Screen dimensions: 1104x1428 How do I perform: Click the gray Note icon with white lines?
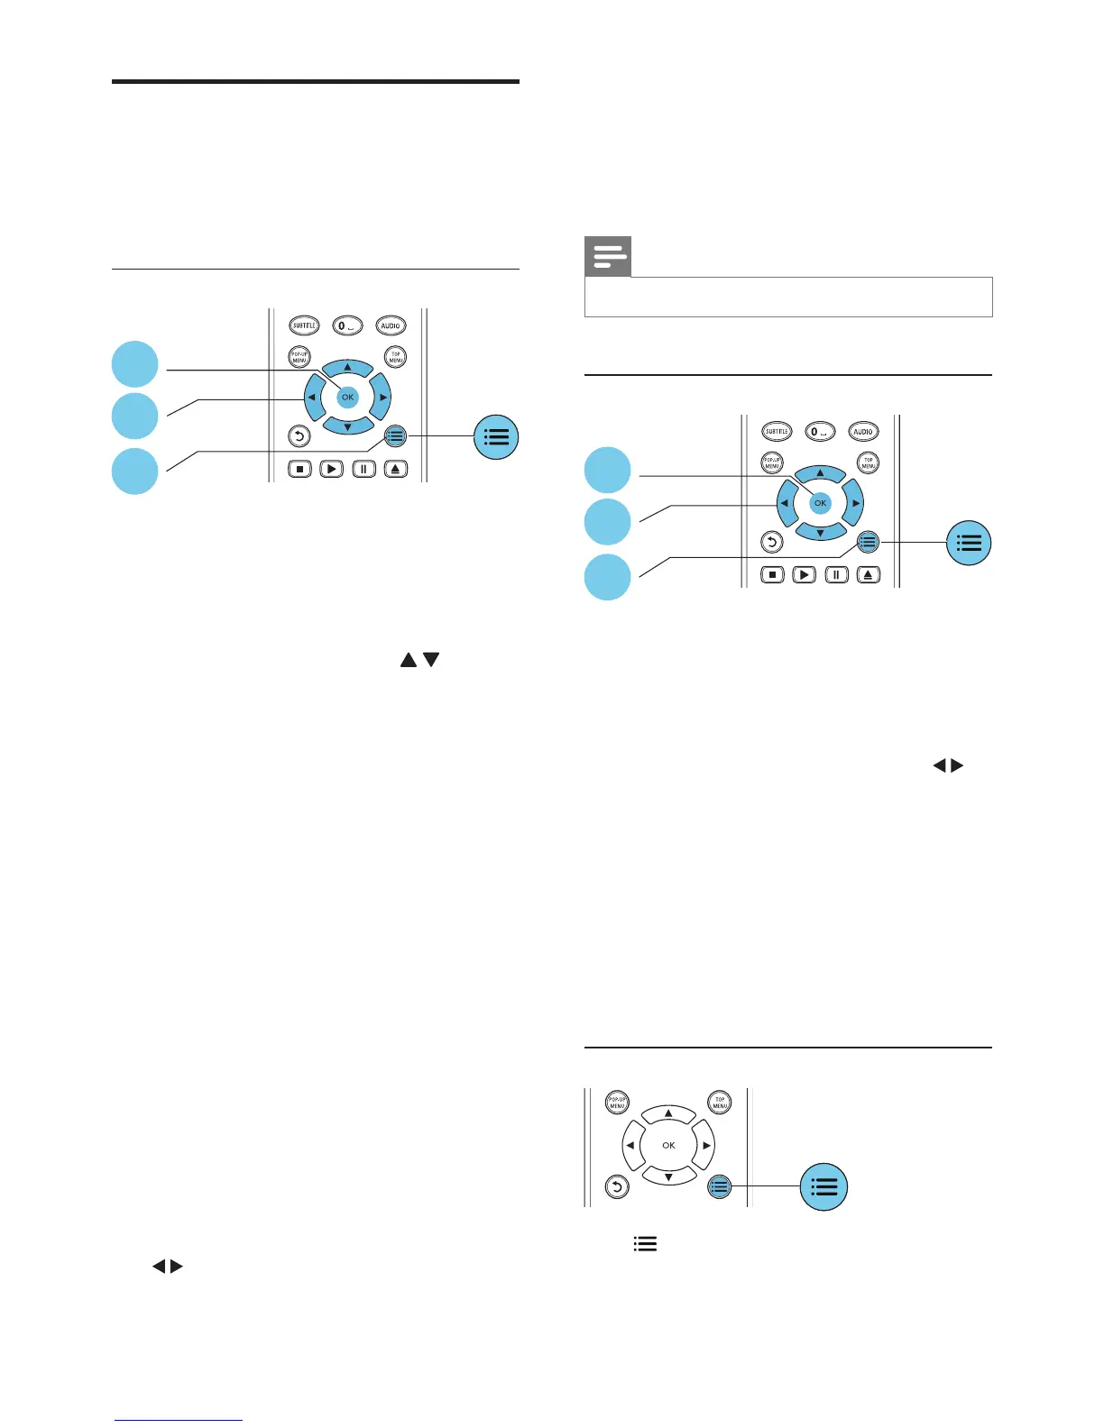pyautogui.click(x=608, y=257)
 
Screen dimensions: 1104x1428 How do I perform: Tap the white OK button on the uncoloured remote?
pyautogui.click(x=668, y=1145)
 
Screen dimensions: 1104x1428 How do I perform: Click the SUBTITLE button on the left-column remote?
pyautogui.click(x=304, y=325)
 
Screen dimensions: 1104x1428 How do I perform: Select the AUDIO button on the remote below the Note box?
pyautogui.click(x=863, y=432)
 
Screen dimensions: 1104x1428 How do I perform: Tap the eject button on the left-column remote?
pyautogui.click(x=396, y=469)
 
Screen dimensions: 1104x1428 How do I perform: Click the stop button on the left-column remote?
pyautogui.click(x=299, y=469)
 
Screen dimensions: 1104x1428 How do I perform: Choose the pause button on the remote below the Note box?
pyautogui.click(x=836, y=574)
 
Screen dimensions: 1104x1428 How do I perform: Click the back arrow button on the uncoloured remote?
pyautogui.click(x=617, y=1187)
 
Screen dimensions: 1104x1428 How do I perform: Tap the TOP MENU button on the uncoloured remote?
pyautogui.click(x=720, y=1102)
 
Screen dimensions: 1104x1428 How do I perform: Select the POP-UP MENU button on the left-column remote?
pyautogui.click(x=299, y=356)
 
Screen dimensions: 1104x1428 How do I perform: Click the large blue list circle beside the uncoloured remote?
pyautogui.click(x=824, y=1186)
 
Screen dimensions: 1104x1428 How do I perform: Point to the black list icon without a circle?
pyautogui.click(x=645, y=1244)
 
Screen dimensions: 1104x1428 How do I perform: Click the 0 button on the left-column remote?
pyautogui.click(x=347, y=325)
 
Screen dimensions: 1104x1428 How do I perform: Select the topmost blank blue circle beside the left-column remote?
pyautogui.click(x=135, y=363)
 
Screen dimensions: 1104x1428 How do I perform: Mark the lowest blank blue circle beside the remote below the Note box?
pyautogui.click(x=607, y=576)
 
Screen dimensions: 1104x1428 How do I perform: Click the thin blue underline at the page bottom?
pyautogui.click(x=179, y=1420)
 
